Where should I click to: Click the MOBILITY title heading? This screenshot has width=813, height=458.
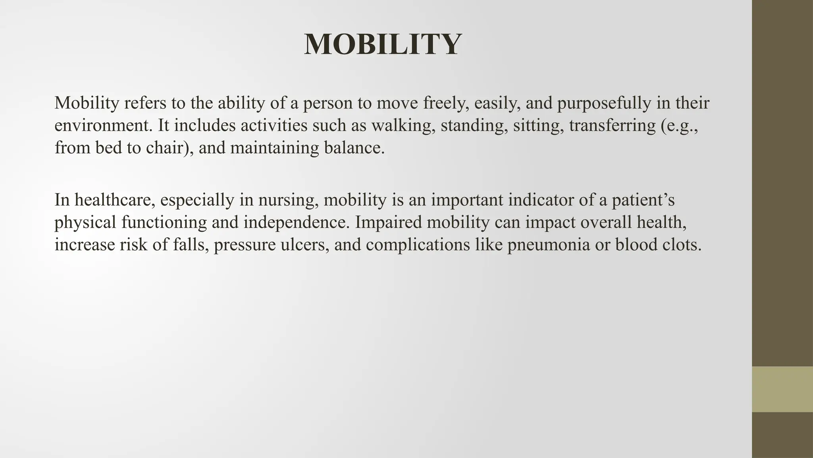point(383,44)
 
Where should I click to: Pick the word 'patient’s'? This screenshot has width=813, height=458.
point(643,200)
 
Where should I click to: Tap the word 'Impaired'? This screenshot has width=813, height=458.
point(388,222)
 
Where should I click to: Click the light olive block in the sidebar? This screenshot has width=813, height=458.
point(782,389)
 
